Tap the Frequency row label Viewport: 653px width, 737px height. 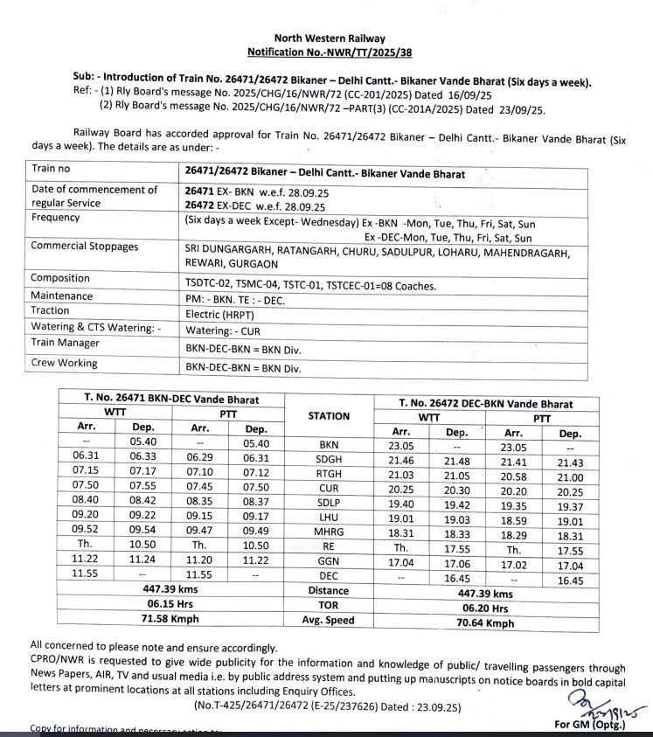coord(56,218)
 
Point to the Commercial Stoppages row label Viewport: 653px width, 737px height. coord(85,247)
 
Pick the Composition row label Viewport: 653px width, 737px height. coord(60,278)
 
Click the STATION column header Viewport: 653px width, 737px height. coord(329,416)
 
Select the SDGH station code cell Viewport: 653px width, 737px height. coord(329,460)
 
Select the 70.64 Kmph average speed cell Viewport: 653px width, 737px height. coord(485,622)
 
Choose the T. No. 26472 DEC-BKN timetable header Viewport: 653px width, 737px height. coord(485,404)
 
